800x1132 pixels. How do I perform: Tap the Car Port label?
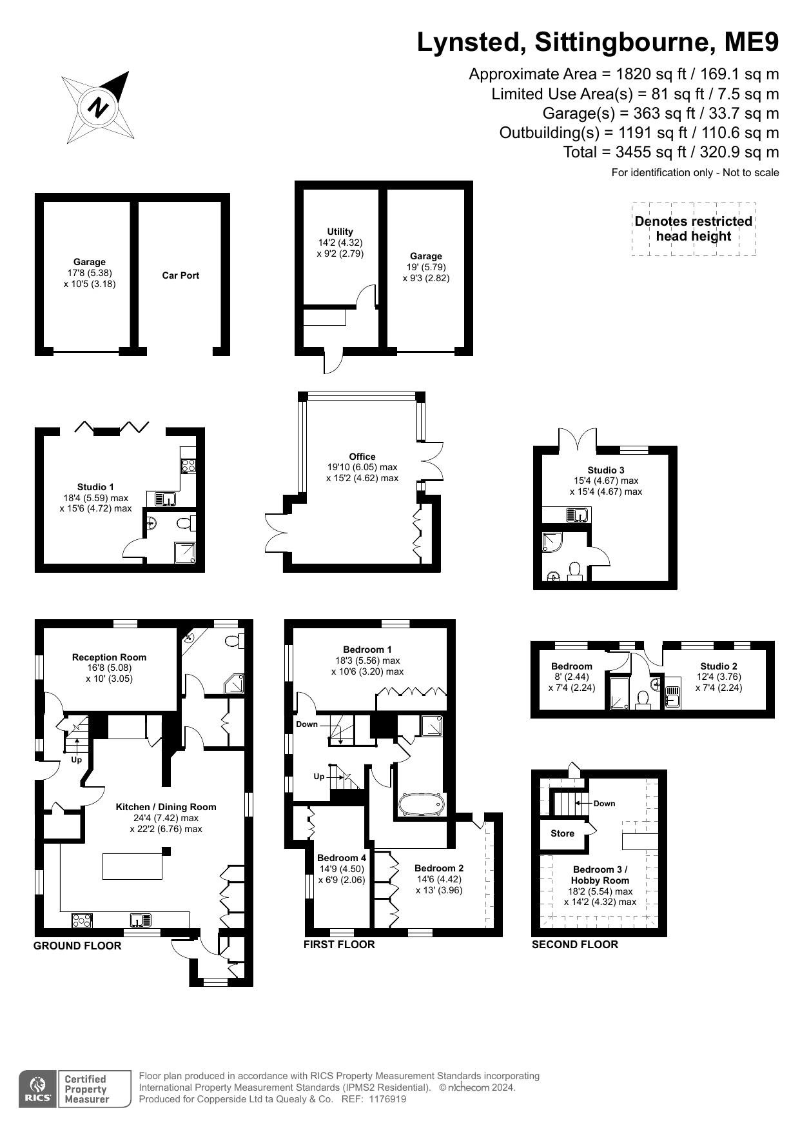[x=180, y=275]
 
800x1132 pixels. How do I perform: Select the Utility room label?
[x=340, y=232]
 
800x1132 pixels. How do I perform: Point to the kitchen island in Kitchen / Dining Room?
[x=132, y=866]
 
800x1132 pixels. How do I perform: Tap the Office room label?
[x=362, y=457]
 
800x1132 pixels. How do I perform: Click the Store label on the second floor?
[x=562, y=833]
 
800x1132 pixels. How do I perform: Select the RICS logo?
[x=38, y=1089]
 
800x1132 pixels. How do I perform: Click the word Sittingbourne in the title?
[x=623, y=42]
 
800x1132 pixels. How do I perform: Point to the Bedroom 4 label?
[x=342, y=858]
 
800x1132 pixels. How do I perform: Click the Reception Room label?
[x=109, y=657]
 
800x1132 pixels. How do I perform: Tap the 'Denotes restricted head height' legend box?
[x=694, y=229]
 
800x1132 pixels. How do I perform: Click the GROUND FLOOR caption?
[x=77, y=946]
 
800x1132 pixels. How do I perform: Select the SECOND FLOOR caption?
[x=575, y=944]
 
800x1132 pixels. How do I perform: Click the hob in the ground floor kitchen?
[x=82, y=920]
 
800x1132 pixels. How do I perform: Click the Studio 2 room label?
[x=719, y=666]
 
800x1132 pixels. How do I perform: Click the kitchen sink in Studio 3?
[x=577, y=515]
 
